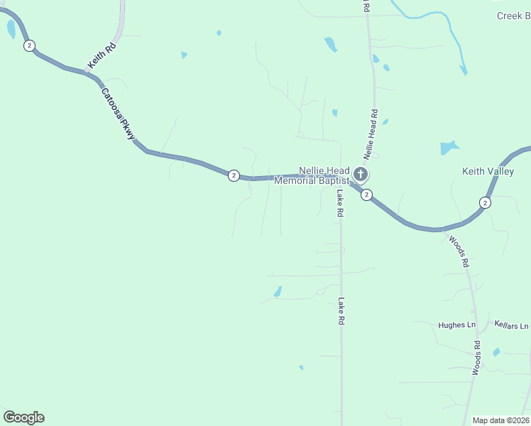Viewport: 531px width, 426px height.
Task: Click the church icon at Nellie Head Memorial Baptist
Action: pyautogui.click(x=360, y=174)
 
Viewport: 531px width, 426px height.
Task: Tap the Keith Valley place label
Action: pyautogui.click(x=487, y=171)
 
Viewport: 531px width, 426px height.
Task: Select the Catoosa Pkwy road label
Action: pyautogui.click(x=117, y=114)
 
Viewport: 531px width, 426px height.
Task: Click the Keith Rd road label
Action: pyautogui.click(x=102, y=56)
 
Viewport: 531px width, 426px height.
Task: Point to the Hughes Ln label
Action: pyautogui.click(x=456, y=325)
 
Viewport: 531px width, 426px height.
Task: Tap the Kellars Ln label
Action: pyautogui.click(x=512, y=325)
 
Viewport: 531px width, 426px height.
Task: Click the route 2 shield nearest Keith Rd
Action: pyautogui.click(x=28, y=45)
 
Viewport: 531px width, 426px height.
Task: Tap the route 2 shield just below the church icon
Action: pyautogui.click(x=366, y=195)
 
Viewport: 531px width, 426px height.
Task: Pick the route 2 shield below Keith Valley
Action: pyautogui.click(x=485, y=202)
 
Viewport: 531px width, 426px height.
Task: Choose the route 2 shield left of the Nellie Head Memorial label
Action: pyautogui.click(x=233, y=175)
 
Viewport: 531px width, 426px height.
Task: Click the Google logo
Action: pyautogui.click(x=23, y=417)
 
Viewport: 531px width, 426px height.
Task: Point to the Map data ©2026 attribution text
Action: pyautogui.click(x=500, y=420)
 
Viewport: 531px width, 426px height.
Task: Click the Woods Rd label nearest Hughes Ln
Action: pyautogui.click(x=478, y=358)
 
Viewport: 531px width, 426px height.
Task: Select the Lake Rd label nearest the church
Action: pyautogui.click(x=341, y=203)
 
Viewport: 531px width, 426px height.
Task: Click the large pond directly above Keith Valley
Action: pyautogui.click(x=449, y=148)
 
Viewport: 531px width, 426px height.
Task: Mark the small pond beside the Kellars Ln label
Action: pyautogui.click(x=496, y=351)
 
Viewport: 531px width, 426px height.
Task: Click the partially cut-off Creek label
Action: pyautogui.click(x=513, y=16)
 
